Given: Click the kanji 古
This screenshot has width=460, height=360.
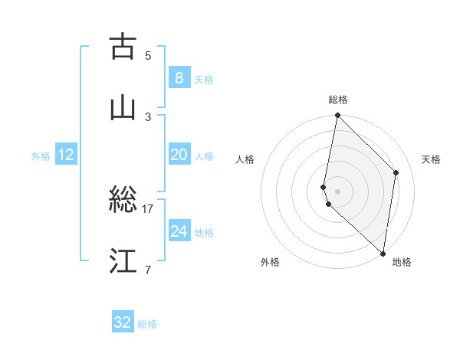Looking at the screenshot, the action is [x=123, y=47].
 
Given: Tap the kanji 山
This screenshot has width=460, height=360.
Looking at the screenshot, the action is [x=123, y=108].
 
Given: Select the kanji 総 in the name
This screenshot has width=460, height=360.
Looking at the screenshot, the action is [x=123, y=200].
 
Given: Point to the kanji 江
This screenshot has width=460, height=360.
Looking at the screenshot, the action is [x=123, y=261].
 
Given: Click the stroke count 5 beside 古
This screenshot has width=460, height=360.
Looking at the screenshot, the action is [x=148, y=55].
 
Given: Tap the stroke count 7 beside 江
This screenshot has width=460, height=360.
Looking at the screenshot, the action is [x=148, y=270].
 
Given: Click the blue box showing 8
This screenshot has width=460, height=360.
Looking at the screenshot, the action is [x=179, y=77].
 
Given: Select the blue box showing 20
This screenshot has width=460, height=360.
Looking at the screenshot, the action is [x=179, y=154].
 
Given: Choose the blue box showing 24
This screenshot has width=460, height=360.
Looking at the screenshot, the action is [x=179, y=231].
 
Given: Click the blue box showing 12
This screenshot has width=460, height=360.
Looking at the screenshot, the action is [x=66, y=155].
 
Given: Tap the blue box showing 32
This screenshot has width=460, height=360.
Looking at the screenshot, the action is [x=123, y=322].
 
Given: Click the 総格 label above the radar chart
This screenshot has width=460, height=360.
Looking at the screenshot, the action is [x=338, y=100].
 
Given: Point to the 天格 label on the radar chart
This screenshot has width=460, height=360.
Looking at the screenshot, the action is [x=432, y=159].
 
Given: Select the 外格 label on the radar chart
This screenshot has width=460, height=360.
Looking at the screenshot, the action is [x=270, y=262].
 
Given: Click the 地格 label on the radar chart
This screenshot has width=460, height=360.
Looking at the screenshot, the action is [x=402, y=262].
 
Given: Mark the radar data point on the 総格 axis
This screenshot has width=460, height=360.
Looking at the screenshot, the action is [x=337, y=116].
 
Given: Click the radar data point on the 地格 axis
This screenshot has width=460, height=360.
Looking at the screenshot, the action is [x=383, y=254].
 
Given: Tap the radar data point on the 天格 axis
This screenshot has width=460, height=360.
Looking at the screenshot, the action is [x=396, y=172].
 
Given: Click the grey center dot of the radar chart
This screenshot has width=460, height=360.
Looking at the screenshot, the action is [x=337, y=191].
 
